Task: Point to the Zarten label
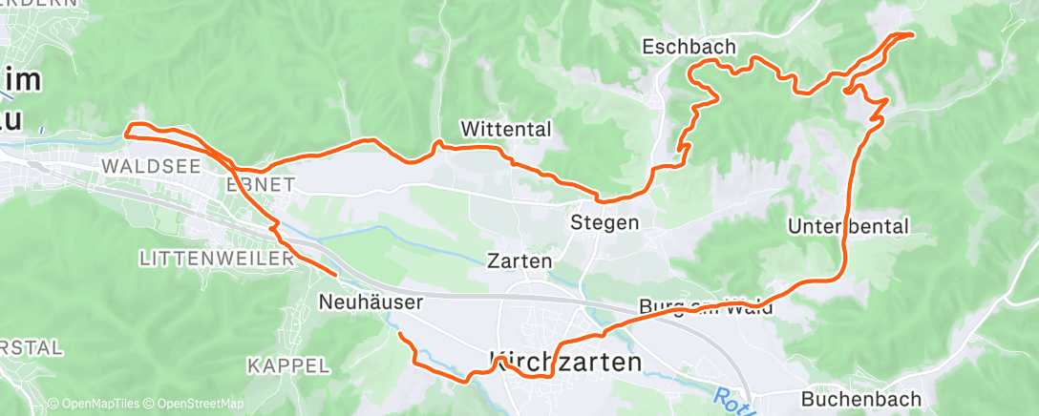(x=519, y=260)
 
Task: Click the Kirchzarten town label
(x=565, y=362)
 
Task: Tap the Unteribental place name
(x=849, y=226)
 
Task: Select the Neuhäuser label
(x=370, y=302)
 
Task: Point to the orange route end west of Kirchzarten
(x=400, y=335)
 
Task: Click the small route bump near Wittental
(x=438, y=144)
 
